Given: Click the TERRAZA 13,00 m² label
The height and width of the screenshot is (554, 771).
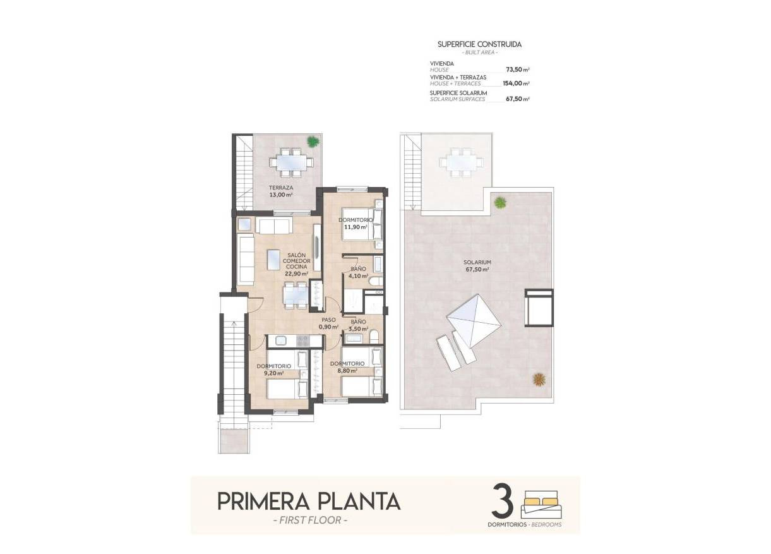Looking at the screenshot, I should tap(280, 191).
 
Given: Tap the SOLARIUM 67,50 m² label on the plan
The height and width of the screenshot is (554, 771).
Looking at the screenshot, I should tap(477, 265).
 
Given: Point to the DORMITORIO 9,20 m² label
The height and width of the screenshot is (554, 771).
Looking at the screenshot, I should tap(273, 370).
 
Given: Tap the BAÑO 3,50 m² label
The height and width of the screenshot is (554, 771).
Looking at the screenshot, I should tap(358, 325).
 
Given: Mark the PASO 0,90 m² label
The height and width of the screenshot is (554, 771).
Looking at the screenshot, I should tap(328, 323).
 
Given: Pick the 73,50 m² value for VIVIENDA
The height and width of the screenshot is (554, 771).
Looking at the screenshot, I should tap(517, 70).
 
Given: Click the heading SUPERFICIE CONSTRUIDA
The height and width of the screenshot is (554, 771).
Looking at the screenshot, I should tap(479, 45).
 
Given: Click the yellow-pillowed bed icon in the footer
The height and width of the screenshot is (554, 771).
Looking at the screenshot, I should tap(541, 503).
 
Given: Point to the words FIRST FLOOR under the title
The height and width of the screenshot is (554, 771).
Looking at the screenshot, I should tap(309, 521).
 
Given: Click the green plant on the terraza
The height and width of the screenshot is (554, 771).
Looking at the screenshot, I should tap(312, 142).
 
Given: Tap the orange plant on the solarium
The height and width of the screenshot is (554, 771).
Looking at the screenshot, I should tap(539, 379).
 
